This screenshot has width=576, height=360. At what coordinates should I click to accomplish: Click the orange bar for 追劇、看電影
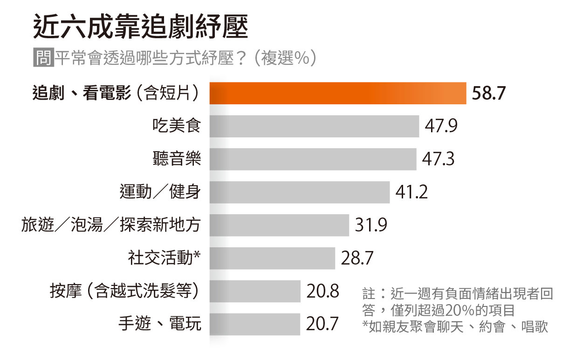(x=338, y=93)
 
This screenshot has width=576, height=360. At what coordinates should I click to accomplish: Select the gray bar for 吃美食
(x=314, y=126)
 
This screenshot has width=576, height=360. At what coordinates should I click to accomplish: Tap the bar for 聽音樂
(x=313, y=159)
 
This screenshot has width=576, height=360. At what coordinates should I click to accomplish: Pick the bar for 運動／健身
(x=299, y=192)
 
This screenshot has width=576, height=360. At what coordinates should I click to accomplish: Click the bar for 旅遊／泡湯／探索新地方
(x=279, y=225)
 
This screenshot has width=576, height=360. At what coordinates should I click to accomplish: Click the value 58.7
(x=488, y=94)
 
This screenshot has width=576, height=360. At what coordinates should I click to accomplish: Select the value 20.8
(x=322, y=292)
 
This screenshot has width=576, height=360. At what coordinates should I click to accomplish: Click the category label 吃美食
(x=177, y=126)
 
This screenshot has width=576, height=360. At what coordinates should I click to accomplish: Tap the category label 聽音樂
(x=177, y=159)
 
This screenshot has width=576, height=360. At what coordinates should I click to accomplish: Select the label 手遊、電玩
(x=160, y=324)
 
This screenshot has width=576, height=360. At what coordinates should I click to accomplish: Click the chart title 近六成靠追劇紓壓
(x=140, y=27)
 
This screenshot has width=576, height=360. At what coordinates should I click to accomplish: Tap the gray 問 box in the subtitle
(x=43, y=59)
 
